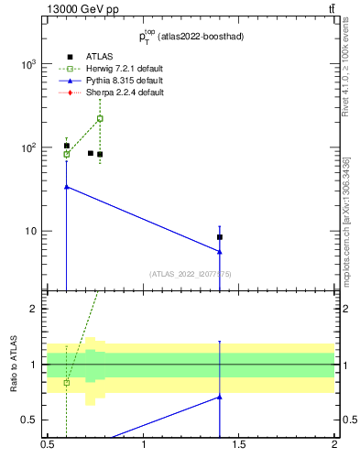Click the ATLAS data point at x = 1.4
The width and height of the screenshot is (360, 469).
point(220,237)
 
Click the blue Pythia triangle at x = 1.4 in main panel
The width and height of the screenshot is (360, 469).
point(220,252)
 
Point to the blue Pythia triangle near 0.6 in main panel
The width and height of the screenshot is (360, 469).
point(67,186)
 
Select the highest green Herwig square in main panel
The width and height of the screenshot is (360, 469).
point(100,118)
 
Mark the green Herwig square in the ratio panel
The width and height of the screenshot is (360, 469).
point(67,382)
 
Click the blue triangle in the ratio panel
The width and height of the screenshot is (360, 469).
point(220,397)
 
